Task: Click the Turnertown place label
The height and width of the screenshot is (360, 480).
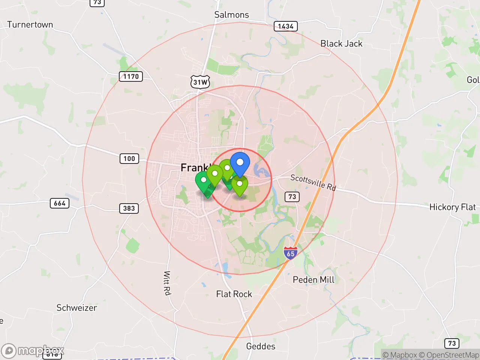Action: coord(30,25)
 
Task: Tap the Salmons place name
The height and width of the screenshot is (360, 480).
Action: coord(231,15)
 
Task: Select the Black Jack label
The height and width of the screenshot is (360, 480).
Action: coord(341,44)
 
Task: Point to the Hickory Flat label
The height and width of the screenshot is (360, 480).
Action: coord(452,207)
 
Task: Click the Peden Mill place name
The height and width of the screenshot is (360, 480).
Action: coord(313,280)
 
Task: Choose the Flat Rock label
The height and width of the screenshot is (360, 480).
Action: coord(234,294)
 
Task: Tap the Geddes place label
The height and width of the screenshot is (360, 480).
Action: coord(261,346)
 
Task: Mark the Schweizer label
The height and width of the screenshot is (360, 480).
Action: coord(76,308)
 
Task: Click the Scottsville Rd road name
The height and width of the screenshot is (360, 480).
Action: coord(313,182)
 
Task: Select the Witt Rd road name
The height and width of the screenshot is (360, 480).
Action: coord(167,283)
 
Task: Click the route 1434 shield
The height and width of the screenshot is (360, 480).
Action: coord(285,26)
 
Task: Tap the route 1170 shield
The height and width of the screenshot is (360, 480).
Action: coord(131,76)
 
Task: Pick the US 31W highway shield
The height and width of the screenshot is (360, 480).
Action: coord(200,82)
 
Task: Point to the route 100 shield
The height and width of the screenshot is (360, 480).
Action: coord(129,159)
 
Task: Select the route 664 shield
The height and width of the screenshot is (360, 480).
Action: coord(60,203)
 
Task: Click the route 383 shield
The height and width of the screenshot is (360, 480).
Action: coord(129,208)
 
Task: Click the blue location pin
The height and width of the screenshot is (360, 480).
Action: coord(240,163)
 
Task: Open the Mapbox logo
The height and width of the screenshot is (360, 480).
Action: coord(33,351)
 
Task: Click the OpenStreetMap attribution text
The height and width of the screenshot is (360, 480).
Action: coord(449,355)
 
